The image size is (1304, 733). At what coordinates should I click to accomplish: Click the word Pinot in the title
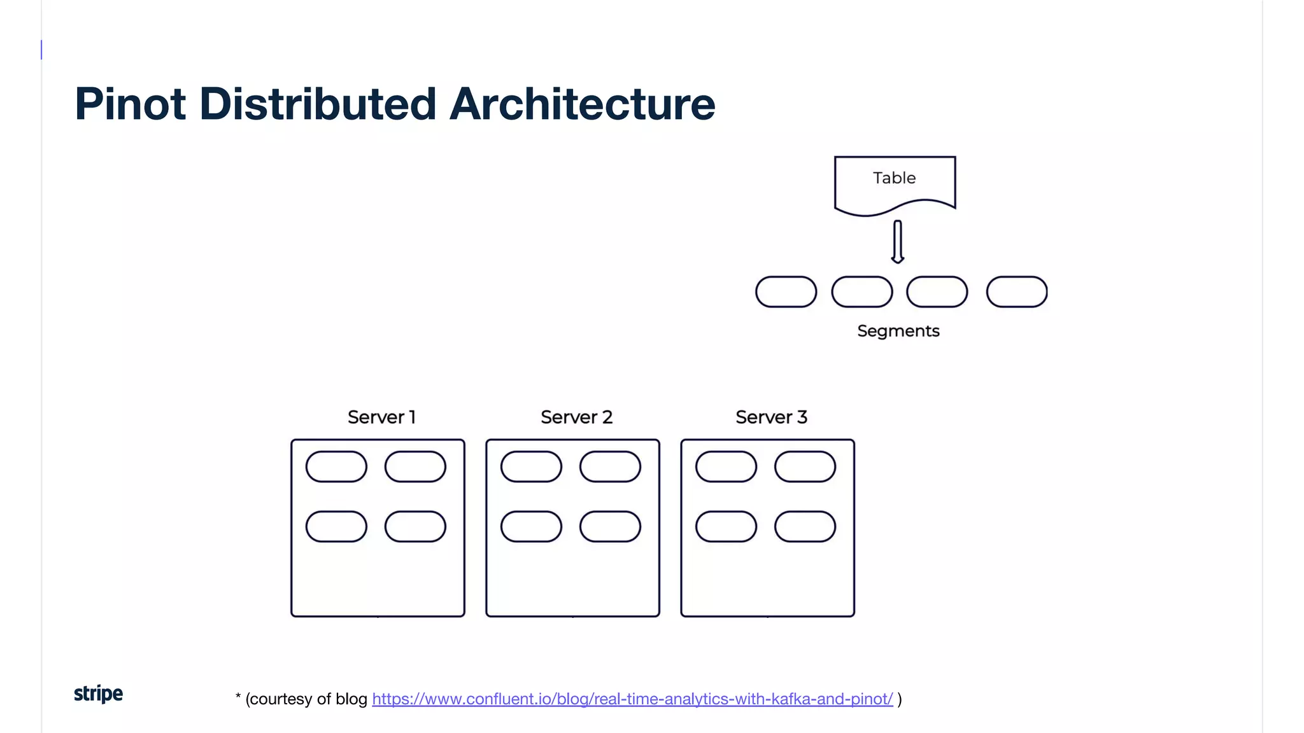point(130,104)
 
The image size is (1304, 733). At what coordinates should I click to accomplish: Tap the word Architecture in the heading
point(582,104)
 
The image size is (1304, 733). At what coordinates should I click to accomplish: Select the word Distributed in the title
point(318,104)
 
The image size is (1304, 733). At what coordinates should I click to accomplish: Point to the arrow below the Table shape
point(898,242)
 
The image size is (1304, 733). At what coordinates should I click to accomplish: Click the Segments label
point(898,331)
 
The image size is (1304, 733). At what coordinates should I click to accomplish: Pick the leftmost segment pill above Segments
point(786,292)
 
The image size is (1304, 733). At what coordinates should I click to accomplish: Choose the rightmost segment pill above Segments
point(1017,292)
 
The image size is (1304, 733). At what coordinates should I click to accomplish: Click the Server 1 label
point(381,417)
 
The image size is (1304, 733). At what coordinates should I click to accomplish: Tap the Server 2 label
point(576,417)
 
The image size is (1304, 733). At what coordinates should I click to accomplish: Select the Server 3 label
point(771,417)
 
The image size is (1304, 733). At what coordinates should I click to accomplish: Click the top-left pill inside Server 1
point(336,467)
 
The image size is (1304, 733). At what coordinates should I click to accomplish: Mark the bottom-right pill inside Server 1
point(415,527)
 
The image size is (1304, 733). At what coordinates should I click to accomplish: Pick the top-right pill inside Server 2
point(610,467)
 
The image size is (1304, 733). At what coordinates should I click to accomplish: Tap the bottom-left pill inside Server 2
point(531,527)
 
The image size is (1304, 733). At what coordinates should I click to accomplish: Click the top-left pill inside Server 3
point(726,467)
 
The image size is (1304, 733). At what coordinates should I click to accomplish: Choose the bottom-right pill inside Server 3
point(805,527)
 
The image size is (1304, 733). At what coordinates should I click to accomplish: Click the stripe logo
point(98,694)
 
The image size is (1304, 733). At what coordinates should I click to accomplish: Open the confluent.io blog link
point(632,699)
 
